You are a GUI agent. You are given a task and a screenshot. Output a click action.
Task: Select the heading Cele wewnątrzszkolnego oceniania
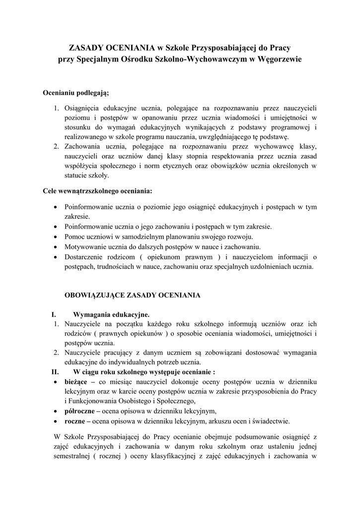[x=98, y=190]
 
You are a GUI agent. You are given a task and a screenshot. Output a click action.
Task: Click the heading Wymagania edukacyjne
[x=111, y=315]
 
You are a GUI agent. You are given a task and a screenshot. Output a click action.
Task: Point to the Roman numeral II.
[x=55, y=372]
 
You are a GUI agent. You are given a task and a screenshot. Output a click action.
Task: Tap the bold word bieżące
[x=75, y=381]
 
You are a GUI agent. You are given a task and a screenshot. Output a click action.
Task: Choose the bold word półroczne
[x=79, y=411]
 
